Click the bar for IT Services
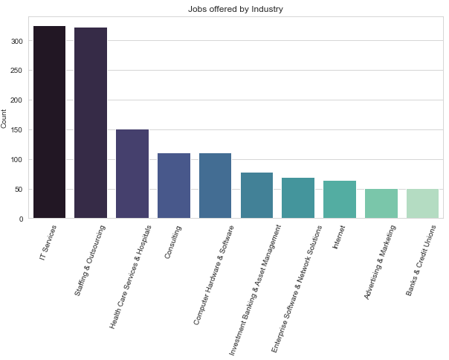pyautogui.click(x=49, y=122)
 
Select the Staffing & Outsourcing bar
pyautogui.click(x=91, y=123)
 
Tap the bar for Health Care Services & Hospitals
pyautogui.click(x=132, y=174)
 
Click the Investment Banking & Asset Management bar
pyautogui.click(x=257, y=196)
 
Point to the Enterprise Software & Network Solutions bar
pyautogui.click(x=298, y=199)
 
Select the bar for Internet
pyautogui.click(x=340, y=200)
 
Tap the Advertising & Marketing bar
pyautogui.click(x=381, y=204)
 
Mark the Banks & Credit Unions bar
pyautogui.click(x=423, y=204)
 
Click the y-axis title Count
pyautogui.click(x=5, y=119)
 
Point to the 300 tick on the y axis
pyautogui.click(x=17, y=41)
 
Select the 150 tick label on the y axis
pyautogui.click(x=17, y=130)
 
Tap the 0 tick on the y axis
pyautogui.click(x=22, y=219)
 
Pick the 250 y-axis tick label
pyautogui.click(x=17, y=71)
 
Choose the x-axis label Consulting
pyautogui.click(x=172, y=242)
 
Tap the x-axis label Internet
pyautogui.click(x=339, y=238)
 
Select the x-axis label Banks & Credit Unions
pyautogui.click(x=421, y=261)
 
